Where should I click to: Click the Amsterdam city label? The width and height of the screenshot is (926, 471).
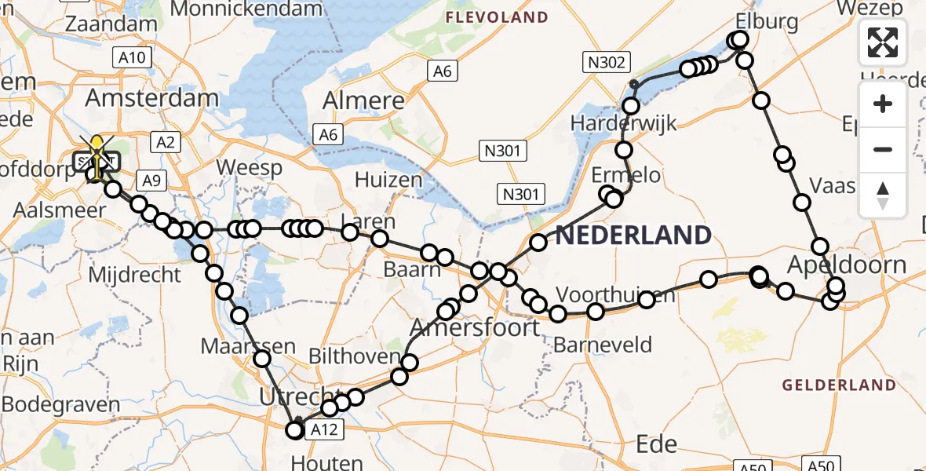151,98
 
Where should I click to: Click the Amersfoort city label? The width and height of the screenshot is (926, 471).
476,327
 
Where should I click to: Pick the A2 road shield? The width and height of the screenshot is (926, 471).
166,141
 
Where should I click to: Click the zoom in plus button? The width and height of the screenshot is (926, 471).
883,104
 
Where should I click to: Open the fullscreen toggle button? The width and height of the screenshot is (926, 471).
883,42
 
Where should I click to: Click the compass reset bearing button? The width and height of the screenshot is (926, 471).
883,195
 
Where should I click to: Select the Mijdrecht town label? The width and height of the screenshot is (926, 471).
135,275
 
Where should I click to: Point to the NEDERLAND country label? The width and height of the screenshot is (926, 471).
633,235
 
